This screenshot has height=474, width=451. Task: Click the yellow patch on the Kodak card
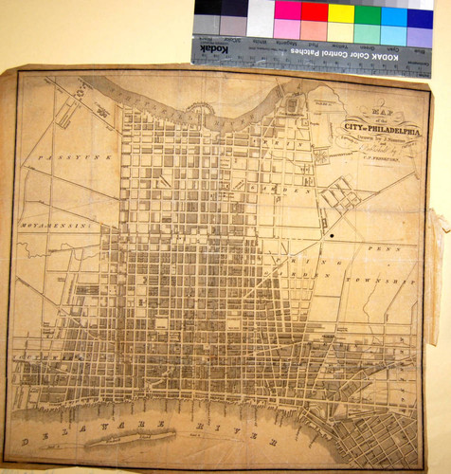pyautogui.click(x=340, y=12)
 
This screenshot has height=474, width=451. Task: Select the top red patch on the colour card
pyautogui.click(x=313, y=11)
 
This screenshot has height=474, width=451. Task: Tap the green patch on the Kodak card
pyautogui.click(x=367, y=13)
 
